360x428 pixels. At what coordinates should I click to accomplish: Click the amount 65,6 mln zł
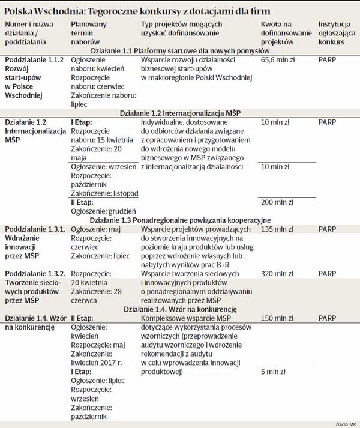click(280, 61)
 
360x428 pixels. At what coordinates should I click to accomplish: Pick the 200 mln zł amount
click(278, 203)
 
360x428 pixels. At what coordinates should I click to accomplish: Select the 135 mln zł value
click(278, 229)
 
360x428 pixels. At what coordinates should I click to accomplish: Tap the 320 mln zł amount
click(278, 274)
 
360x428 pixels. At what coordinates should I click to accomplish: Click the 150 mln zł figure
click(278, 318)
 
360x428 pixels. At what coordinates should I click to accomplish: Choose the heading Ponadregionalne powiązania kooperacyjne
click(179, 220)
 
